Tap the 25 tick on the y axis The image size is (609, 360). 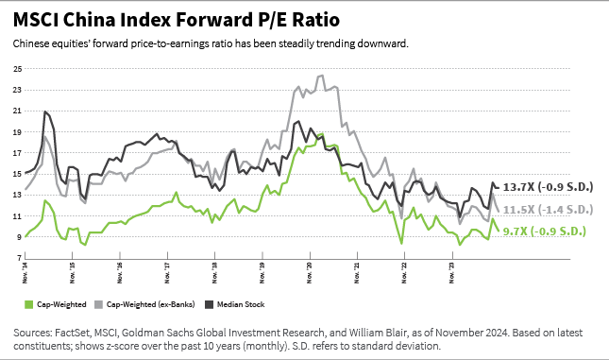16,69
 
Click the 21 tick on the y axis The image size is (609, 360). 16,111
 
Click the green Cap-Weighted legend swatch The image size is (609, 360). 27,304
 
